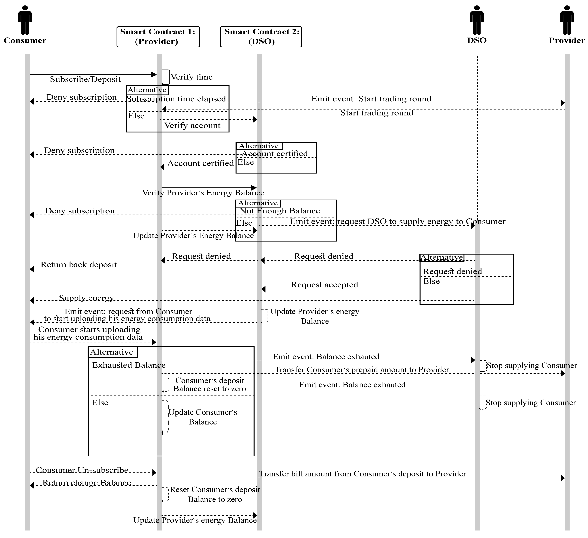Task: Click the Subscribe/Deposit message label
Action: (85, 79)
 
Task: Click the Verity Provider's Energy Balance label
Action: (203, 193)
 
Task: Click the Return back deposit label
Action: (79, 265)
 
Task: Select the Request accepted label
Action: (324, 285)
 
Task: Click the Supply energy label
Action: (86, 298)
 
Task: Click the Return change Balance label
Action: (87, 483)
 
